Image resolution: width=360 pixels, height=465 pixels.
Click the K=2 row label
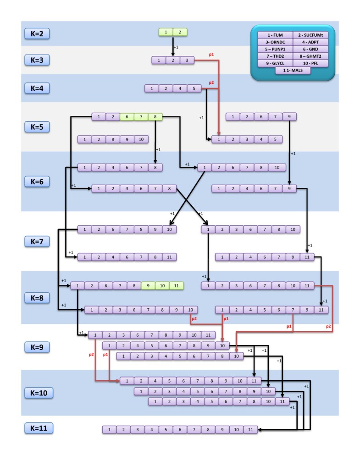click(x=39, y=33)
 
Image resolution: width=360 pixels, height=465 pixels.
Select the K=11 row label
click(x=39, y=428)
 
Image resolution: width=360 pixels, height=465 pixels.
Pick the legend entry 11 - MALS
click(x=293, y=70)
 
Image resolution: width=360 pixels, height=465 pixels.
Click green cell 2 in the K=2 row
click(x=180, y=32)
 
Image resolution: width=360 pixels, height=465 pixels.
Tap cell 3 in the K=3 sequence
click(x=187, y=60)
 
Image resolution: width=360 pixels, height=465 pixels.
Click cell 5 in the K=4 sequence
click(x=194, y=88)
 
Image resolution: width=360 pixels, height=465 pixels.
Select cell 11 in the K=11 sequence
click(x=250, y=429)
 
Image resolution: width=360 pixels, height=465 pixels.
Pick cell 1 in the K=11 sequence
click(x=109, y=429)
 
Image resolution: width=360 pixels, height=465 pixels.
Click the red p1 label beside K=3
click(x=211, y=54)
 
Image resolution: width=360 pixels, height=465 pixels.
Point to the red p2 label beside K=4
click(x=211, y=82)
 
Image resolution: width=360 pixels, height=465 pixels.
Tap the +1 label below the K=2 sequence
click(x=177, y=47)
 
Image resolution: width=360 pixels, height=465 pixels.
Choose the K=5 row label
click(x=39, y=126)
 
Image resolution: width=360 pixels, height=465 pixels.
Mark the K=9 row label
click(x=39, y=347)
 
